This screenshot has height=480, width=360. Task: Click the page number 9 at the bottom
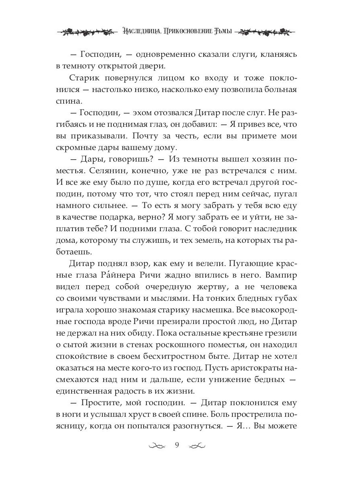pyautogui.click(x=176, y=445)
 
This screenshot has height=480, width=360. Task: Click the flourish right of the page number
pyautogui.click(x=196, y=446)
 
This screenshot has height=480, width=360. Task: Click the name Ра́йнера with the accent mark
pyautogui.click(x=132, y=276)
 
